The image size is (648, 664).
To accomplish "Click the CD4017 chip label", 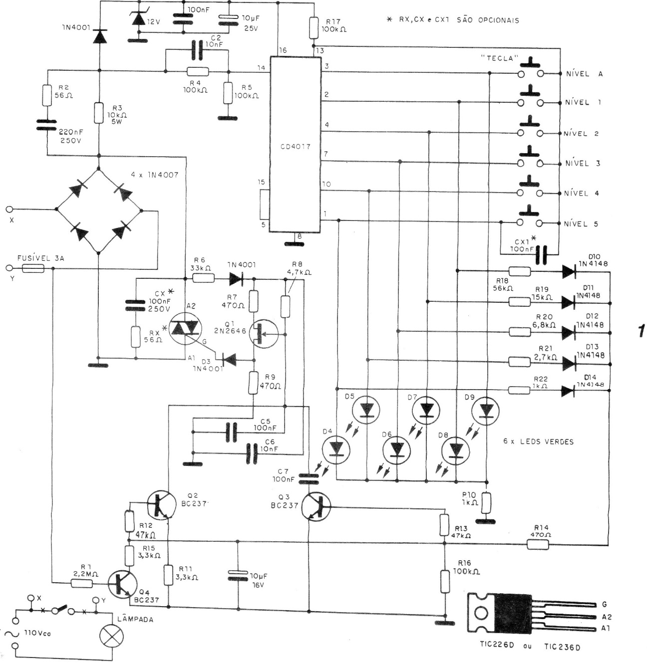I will click(296, 147).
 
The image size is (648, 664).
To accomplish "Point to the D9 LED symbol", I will click(486, 410).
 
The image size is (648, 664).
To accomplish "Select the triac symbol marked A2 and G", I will click(184, 328).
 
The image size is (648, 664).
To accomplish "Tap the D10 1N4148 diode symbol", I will click(568, 271).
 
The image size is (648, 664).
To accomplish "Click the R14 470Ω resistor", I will click(539, 544).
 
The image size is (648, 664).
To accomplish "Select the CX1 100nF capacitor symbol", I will click(540, 255).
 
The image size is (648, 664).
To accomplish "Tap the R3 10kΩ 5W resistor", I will click(99, 113).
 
